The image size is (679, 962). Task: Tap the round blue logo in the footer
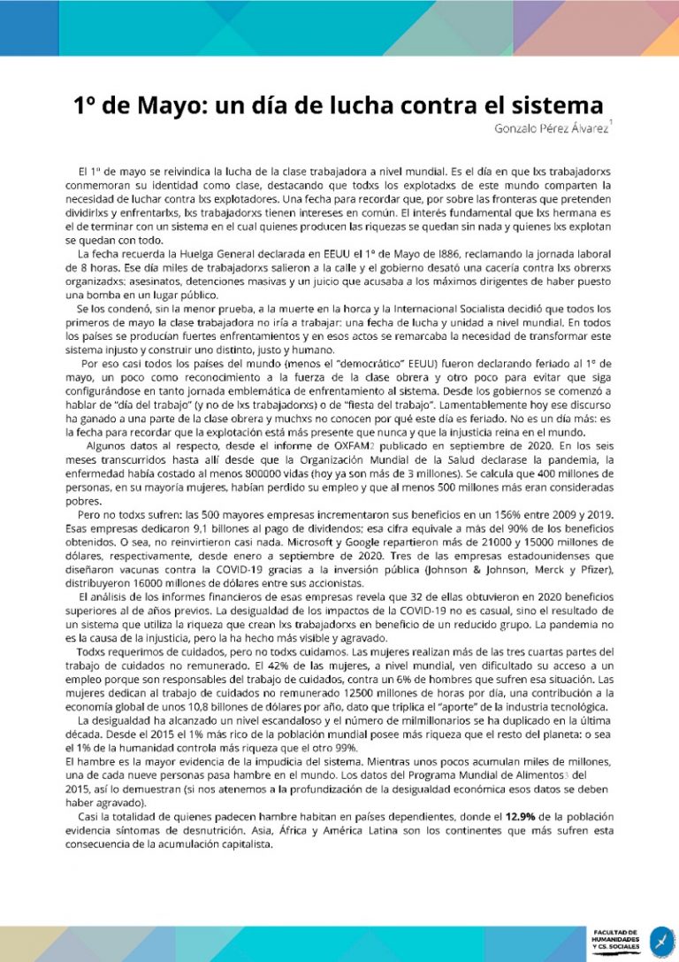[659, 939]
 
